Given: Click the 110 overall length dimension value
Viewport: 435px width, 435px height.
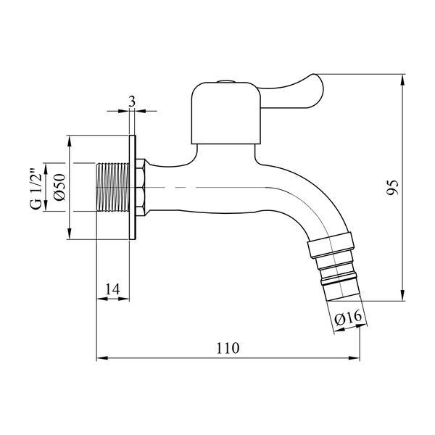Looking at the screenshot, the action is click(228, 348).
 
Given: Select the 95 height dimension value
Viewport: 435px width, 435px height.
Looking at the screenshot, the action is click(392, 188).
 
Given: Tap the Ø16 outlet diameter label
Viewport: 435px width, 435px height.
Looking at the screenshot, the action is click(348, 318).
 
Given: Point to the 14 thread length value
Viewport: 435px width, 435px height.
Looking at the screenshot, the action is click(112, 289).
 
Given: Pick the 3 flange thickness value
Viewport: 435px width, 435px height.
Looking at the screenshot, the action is click(132, 101).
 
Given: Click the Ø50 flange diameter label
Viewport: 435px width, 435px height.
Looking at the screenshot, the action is click(60, 187).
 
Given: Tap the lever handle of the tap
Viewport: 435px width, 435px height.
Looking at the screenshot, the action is click(292, 91).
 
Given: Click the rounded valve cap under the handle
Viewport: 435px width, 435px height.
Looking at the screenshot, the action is click(226, 114).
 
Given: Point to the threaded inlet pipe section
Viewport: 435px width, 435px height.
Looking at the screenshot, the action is click(112, 188).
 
